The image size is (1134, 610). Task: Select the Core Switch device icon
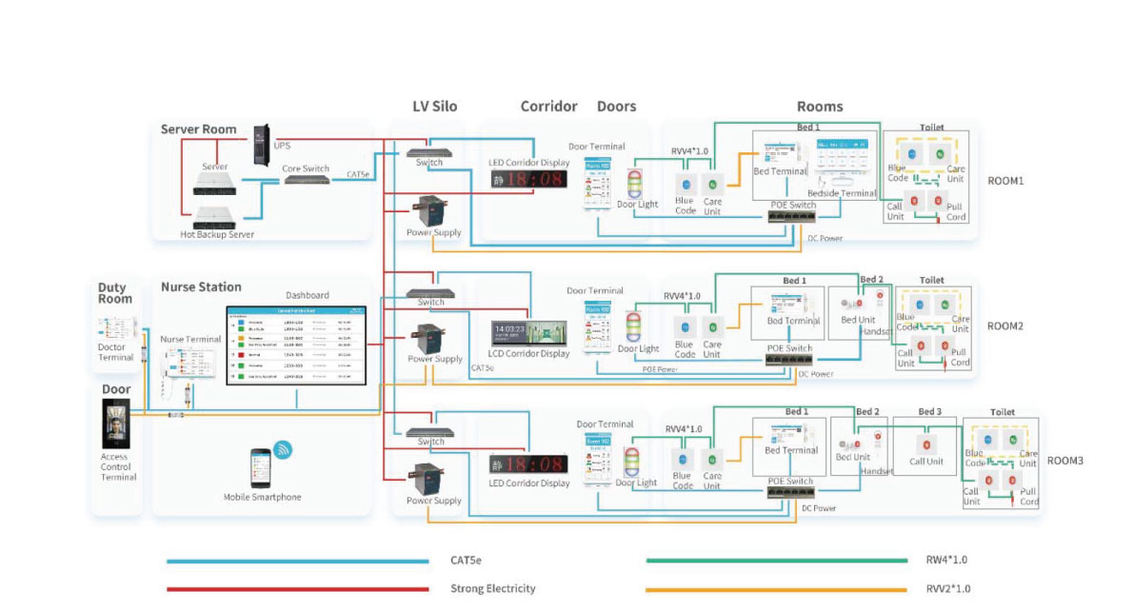pos(307,181)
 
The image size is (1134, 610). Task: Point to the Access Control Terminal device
pos(115,423)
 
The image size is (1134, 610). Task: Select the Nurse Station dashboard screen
pos(296,345)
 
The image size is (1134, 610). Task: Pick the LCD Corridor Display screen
pos(528,333)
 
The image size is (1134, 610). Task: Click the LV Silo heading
pos(434,107)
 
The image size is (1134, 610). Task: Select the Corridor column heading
pos(548,107)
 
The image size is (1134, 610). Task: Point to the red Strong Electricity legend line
pos(296,589)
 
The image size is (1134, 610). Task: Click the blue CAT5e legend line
pos(296,561)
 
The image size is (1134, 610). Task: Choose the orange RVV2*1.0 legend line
pos(776,589)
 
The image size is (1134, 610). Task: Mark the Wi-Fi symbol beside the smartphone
pos(283,449)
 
